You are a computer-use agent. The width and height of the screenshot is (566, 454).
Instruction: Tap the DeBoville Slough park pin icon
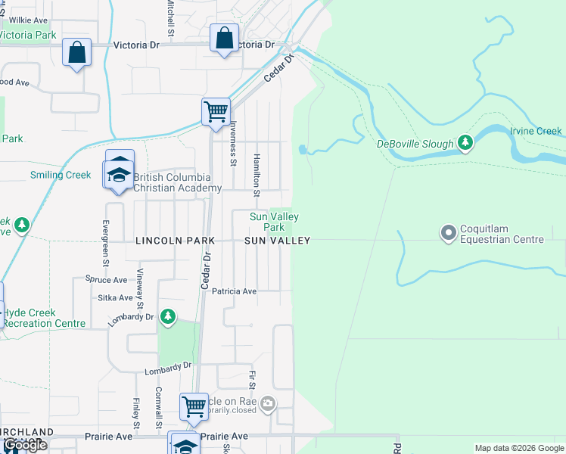[x=465, y=143]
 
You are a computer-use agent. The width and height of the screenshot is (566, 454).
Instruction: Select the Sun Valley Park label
[x=268, y=222]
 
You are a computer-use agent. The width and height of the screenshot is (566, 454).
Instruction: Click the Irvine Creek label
[x=536, y=131]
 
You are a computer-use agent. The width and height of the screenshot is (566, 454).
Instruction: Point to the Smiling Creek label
[x=61, y=175]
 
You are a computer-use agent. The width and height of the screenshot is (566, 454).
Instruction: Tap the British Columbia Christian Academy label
[x=178, y=183]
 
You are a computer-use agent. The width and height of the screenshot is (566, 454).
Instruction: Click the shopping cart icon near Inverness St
[x=216, y=112]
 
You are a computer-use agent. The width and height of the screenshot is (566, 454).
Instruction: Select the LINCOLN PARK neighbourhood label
[x=175, y=241]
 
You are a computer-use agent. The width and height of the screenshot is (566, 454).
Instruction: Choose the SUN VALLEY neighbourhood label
[x=277, y=241]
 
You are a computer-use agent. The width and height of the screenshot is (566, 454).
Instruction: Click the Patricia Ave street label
[x=234, y=291]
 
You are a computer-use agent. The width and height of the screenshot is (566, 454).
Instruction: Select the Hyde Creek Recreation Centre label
[x=44, y=318]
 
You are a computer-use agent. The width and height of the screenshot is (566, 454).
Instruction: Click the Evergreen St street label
[x=106, y=242]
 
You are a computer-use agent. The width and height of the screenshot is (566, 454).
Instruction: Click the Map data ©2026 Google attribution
[x=518, y=448]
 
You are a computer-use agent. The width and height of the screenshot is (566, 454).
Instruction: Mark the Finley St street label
[x=136, y=411]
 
